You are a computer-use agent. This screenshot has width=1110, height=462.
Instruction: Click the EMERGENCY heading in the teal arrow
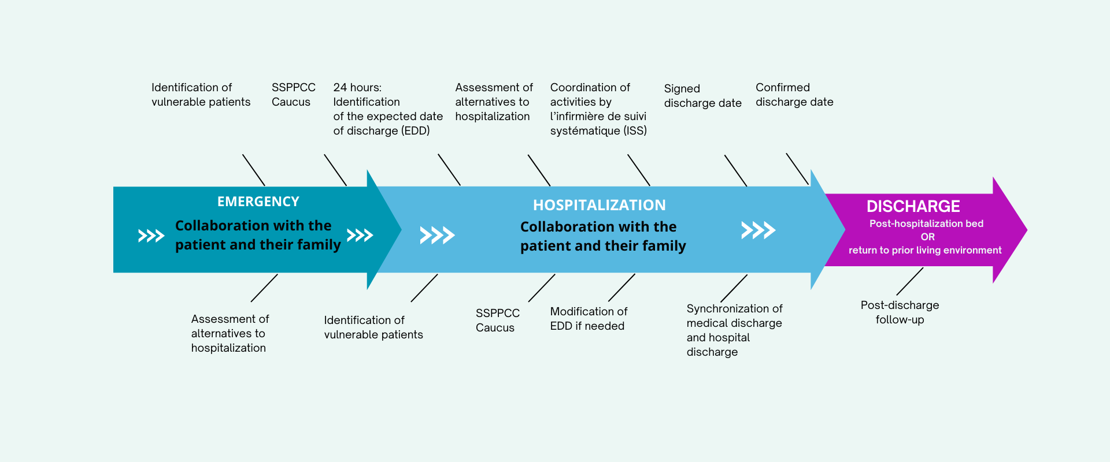tap(258, 202)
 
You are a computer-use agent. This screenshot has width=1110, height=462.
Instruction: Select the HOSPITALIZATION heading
tap(599, 205)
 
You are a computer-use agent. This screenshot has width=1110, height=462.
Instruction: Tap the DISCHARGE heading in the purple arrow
tap(913, 206)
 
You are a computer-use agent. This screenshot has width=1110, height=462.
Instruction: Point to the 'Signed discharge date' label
tap(702, 96)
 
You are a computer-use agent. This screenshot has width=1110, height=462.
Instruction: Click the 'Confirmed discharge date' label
tap(794, 95)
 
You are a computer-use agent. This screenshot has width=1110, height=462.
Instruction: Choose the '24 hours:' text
tap(357, 87)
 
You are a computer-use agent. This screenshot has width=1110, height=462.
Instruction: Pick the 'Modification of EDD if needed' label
tap(588, 319)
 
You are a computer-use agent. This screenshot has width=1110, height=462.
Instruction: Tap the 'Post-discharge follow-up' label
tap(900, 312)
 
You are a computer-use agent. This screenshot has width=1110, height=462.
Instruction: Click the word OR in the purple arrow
tap(927, 237)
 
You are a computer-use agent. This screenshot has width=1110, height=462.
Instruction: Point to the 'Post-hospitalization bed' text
tap(926, 223)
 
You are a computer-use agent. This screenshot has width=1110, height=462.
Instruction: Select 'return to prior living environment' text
tap(925, 250)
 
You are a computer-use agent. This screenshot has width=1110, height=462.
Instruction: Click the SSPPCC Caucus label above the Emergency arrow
tap(293, 95)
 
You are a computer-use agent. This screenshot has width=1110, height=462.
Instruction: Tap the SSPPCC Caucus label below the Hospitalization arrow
tap(497, 321)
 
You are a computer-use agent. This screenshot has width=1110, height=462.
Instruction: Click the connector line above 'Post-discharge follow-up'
tap(909, 282)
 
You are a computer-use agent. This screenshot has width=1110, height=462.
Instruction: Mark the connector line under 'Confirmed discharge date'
tap(797, 169)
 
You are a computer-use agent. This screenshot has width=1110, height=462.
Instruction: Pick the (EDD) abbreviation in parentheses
tap(415, 131)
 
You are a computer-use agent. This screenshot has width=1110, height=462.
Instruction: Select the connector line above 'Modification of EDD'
tap(621, 288)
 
